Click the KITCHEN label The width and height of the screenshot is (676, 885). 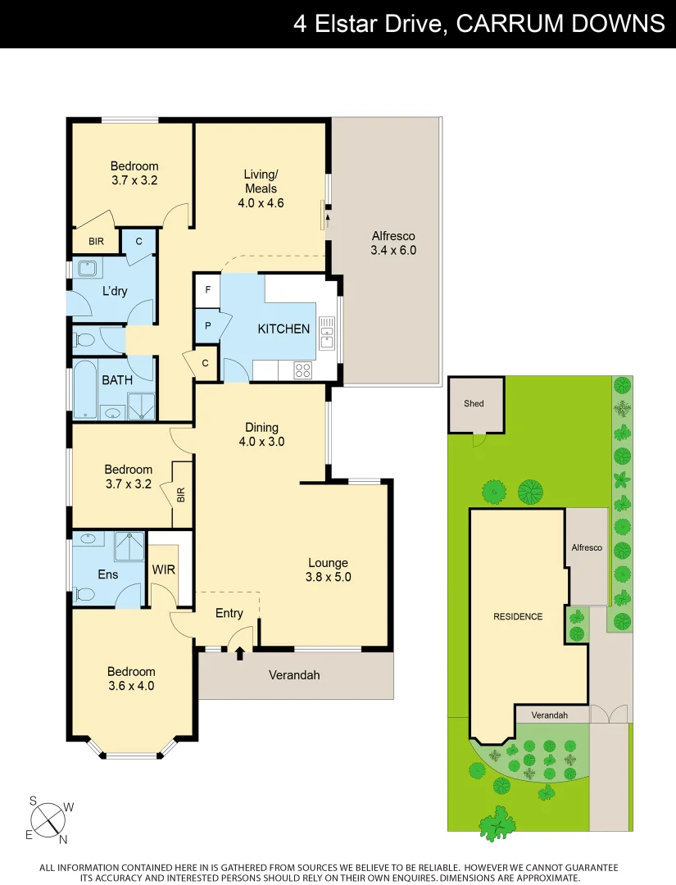(x=284, y=329)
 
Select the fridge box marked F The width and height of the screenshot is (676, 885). (x=208, y=290)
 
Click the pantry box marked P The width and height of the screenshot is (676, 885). (x=208, y=325)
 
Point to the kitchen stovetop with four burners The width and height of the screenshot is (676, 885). (x=302, y=370)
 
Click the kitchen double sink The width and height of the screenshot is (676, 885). (x=327, y=332)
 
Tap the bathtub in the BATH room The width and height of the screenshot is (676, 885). (x=85, y=390)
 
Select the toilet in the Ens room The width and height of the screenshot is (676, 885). (x=84, y=594)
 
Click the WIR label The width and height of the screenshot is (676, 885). (x=164, y=570)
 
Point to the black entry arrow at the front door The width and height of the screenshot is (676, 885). (x=240, y=653)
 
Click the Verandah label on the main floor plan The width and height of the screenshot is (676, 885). (x=294, y=675)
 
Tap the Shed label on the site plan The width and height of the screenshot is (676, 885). (x=474, y=403)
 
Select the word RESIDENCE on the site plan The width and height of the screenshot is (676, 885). (x=518, y=616)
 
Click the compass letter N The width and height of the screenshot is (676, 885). (x=63, y=838)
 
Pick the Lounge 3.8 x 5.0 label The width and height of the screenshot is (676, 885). (x=328, y=570)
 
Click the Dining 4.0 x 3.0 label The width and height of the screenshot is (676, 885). (x=261, y=434)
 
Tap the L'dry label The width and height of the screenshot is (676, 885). (x=115, y=291)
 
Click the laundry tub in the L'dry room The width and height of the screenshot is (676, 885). (x=86, y=268)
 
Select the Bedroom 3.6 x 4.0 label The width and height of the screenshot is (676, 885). (x=131, y=679)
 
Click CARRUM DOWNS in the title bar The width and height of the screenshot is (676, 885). (x=560, y=24)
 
